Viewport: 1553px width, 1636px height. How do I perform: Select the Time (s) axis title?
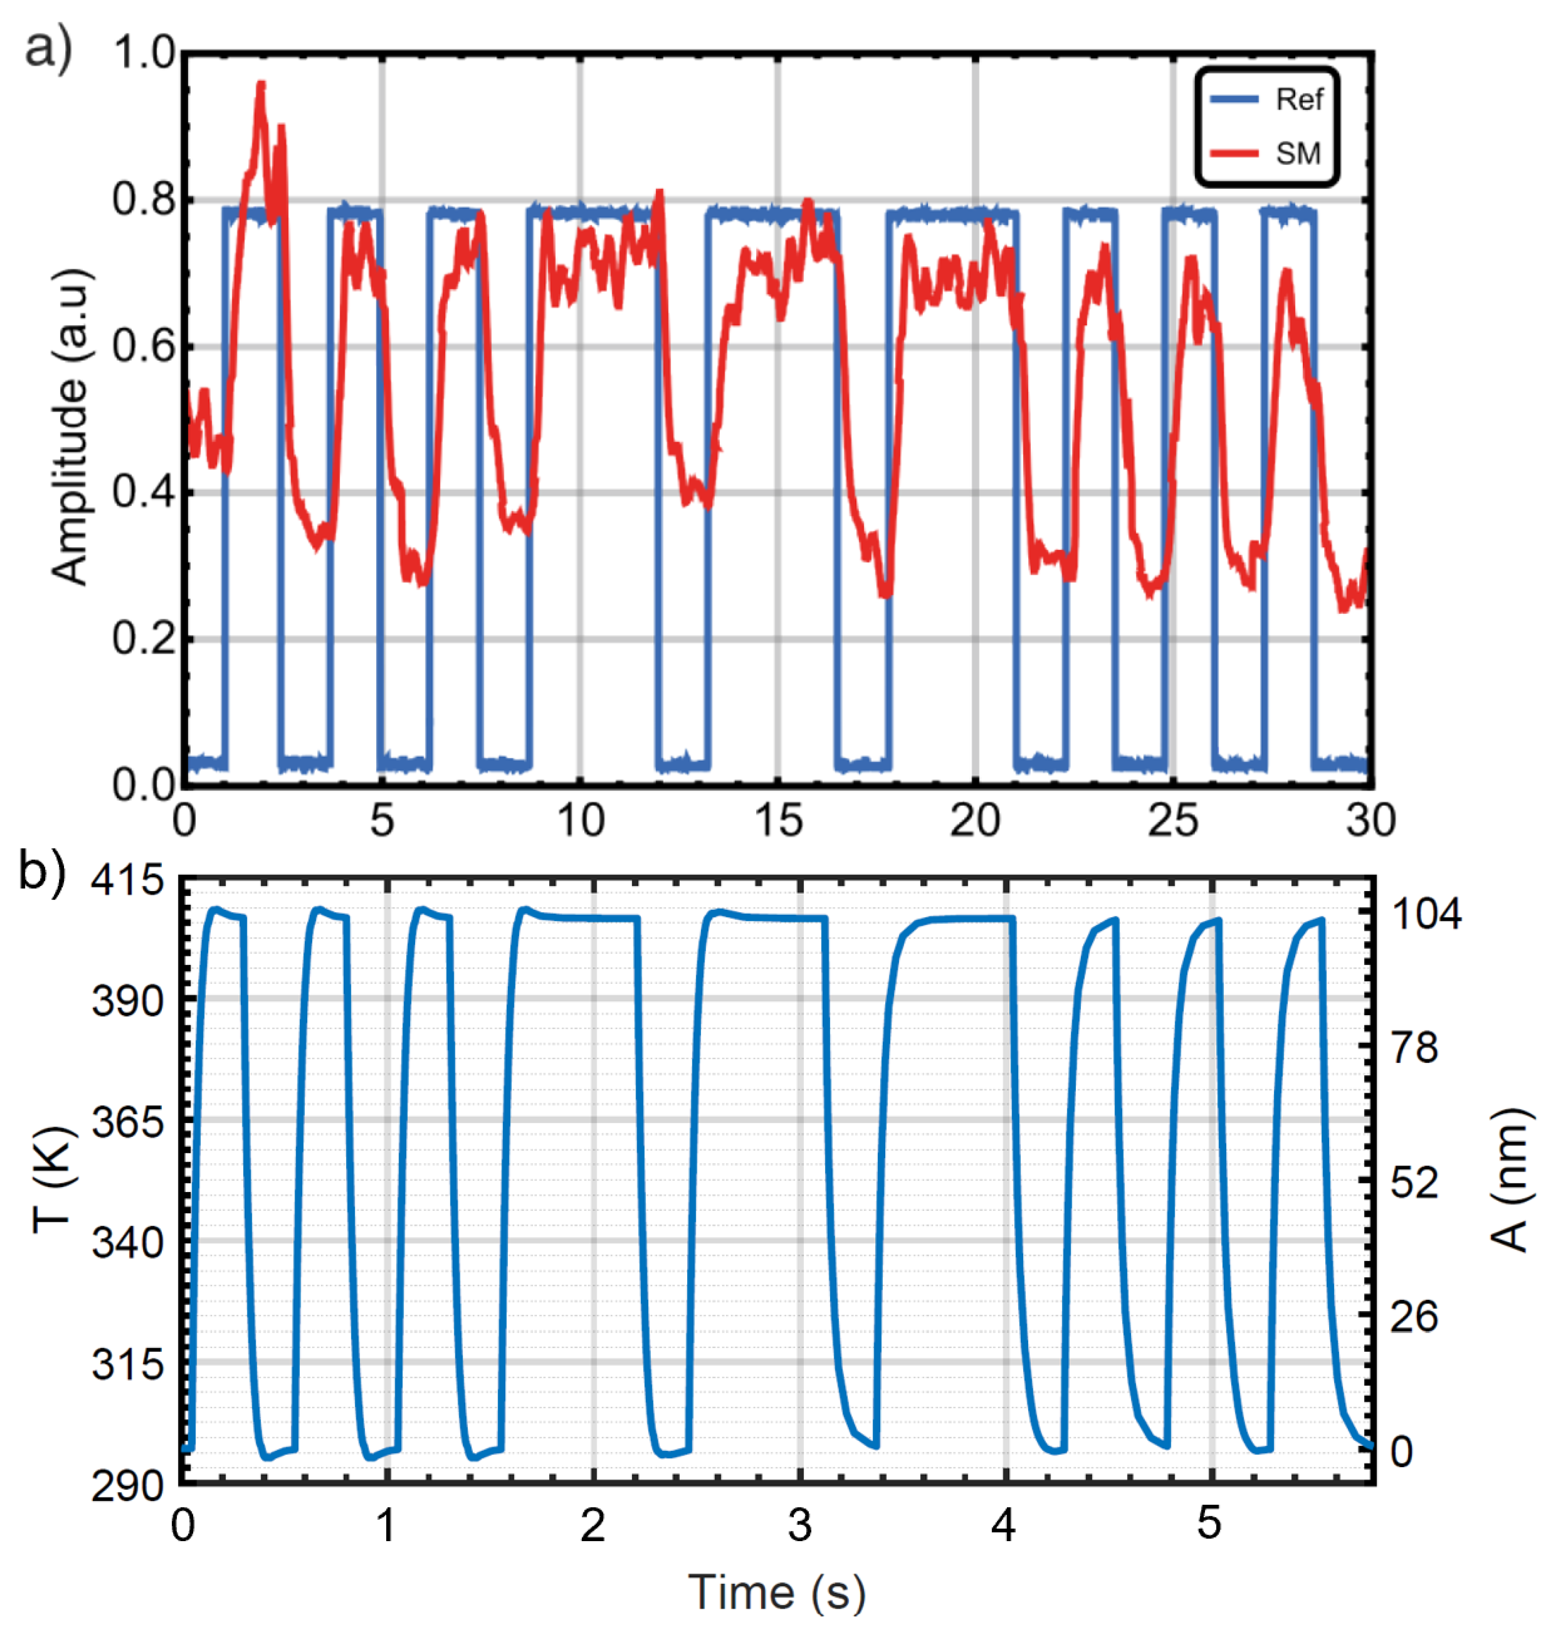776,1591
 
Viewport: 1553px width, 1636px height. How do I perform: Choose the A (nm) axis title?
1508,1180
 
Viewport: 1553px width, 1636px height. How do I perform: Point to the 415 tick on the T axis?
128,880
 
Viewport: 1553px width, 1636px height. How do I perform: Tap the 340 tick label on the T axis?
128,1242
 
